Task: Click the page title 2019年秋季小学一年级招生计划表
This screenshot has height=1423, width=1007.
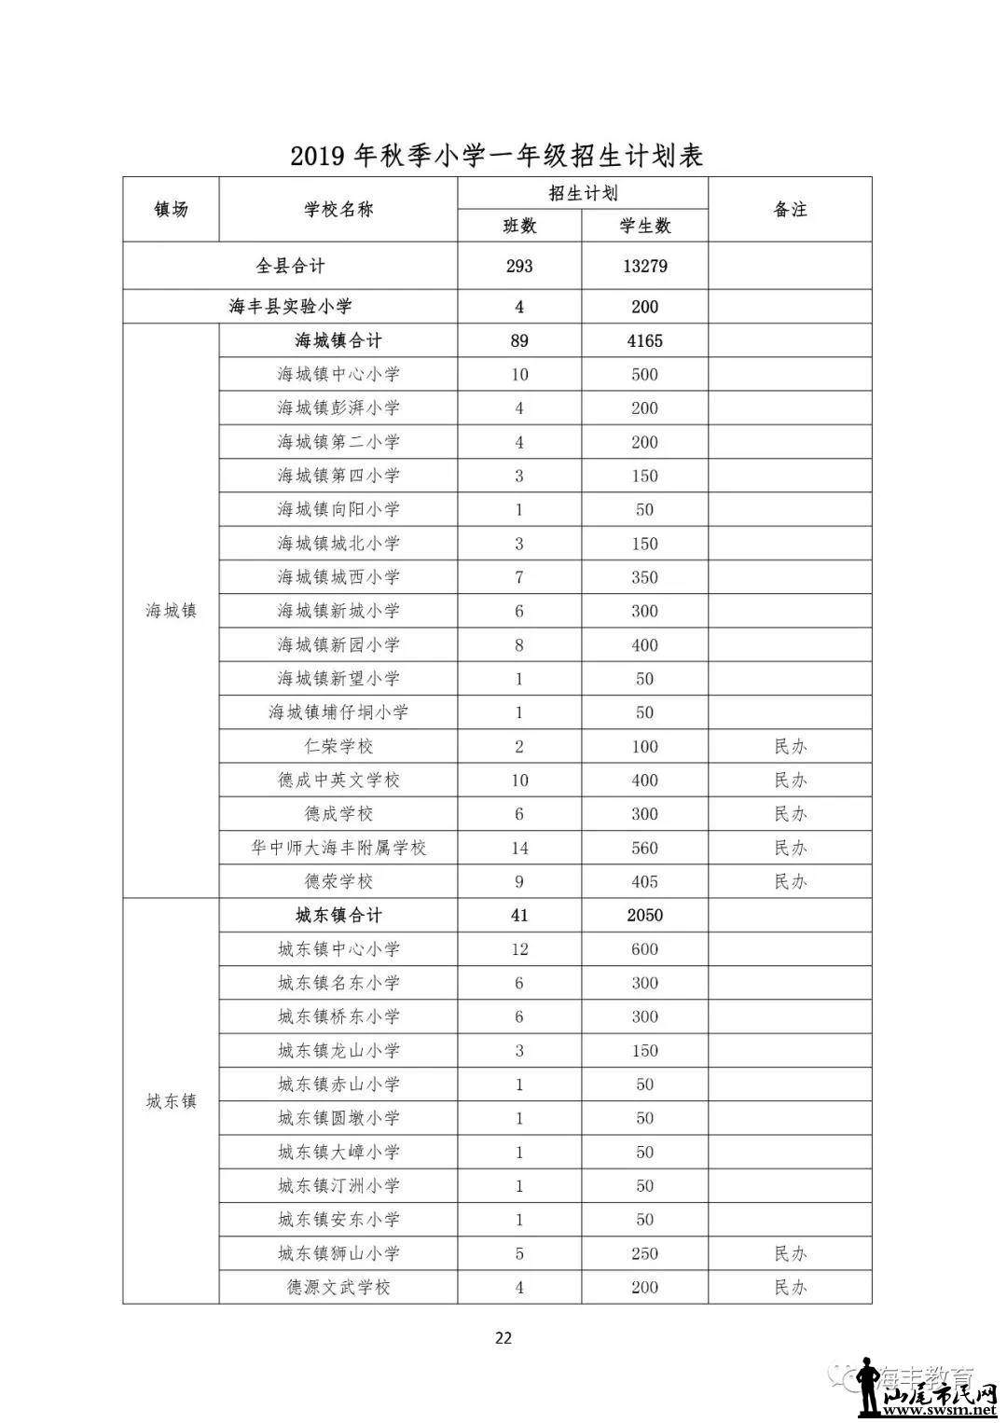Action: coord(496,155)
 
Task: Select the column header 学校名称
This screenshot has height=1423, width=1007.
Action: coord(338,210)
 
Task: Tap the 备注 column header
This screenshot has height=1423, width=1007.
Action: coord(790,210)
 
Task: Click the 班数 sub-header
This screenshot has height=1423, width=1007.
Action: coord(519,226)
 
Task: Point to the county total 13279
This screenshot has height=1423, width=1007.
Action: coord(644,266)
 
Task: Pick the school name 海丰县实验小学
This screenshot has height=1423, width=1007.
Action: coord(290,307)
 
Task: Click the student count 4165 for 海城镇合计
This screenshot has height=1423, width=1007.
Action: coord(644,340)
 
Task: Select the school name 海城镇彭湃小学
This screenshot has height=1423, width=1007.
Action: coord(338,408)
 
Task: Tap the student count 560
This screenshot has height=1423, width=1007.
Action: coord(644,848)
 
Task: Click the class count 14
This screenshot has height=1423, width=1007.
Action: coord(519,848)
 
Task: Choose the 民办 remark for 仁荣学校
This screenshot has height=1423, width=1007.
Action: coord(790,746)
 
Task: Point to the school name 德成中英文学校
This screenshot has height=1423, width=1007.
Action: coord(338,780)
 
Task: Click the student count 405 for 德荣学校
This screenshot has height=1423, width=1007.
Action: coord(644,881)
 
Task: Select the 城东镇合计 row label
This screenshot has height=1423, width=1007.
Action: coord(338,916)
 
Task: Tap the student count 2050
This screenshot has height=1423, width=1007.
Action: coord(644,916)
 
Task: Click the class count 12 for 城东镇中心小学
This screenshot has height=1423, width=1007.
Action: coord(519,949)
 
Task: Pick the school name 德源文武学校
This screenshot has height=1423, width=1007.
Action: coord(338,1287)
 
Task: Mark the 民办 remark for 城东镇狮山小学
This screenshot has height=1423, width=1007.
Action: coord(790,1253)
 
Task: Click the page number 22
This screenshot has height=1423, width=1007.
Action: coord(503,1338)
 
